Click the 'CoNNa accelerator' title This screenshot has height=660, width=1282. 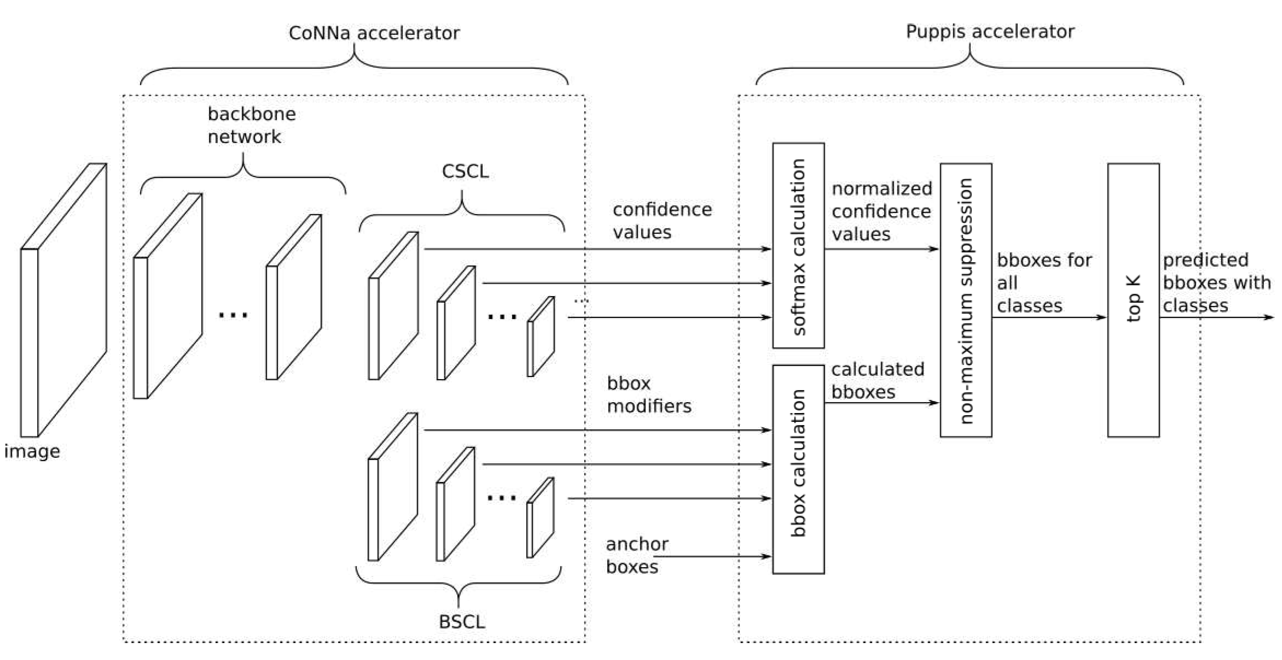374,33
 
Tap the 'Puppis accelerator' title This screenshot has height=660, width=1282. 990,31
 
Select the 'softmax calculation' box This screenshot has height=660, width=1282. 798,245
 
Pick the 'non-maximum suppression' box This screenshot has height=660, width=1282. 965,300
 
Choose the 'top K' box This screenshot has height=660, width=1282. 1133,300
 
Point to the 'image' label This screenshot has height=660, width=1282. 32,451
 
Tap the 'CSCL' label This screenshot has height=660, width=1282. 465,171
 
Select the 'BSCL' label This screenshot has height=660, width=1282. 462,622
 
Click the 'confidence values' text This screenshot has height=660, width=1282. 662,221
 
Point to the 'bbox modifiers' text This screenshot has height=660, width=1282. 649,394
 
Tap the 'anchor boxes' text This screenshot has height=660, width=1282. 637,555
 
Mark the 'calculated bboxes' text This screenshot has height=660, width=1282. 877,380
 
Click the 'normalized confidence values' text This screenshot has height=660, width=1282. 881,211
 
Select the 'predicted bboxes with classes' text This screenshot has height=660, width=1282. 1216,282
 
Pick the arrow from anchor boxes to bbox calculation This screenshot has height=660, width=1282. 711,557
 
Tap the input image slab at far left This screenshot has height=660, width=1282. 63,300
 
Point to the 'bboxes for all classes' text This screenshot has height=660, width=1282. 1044,282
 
